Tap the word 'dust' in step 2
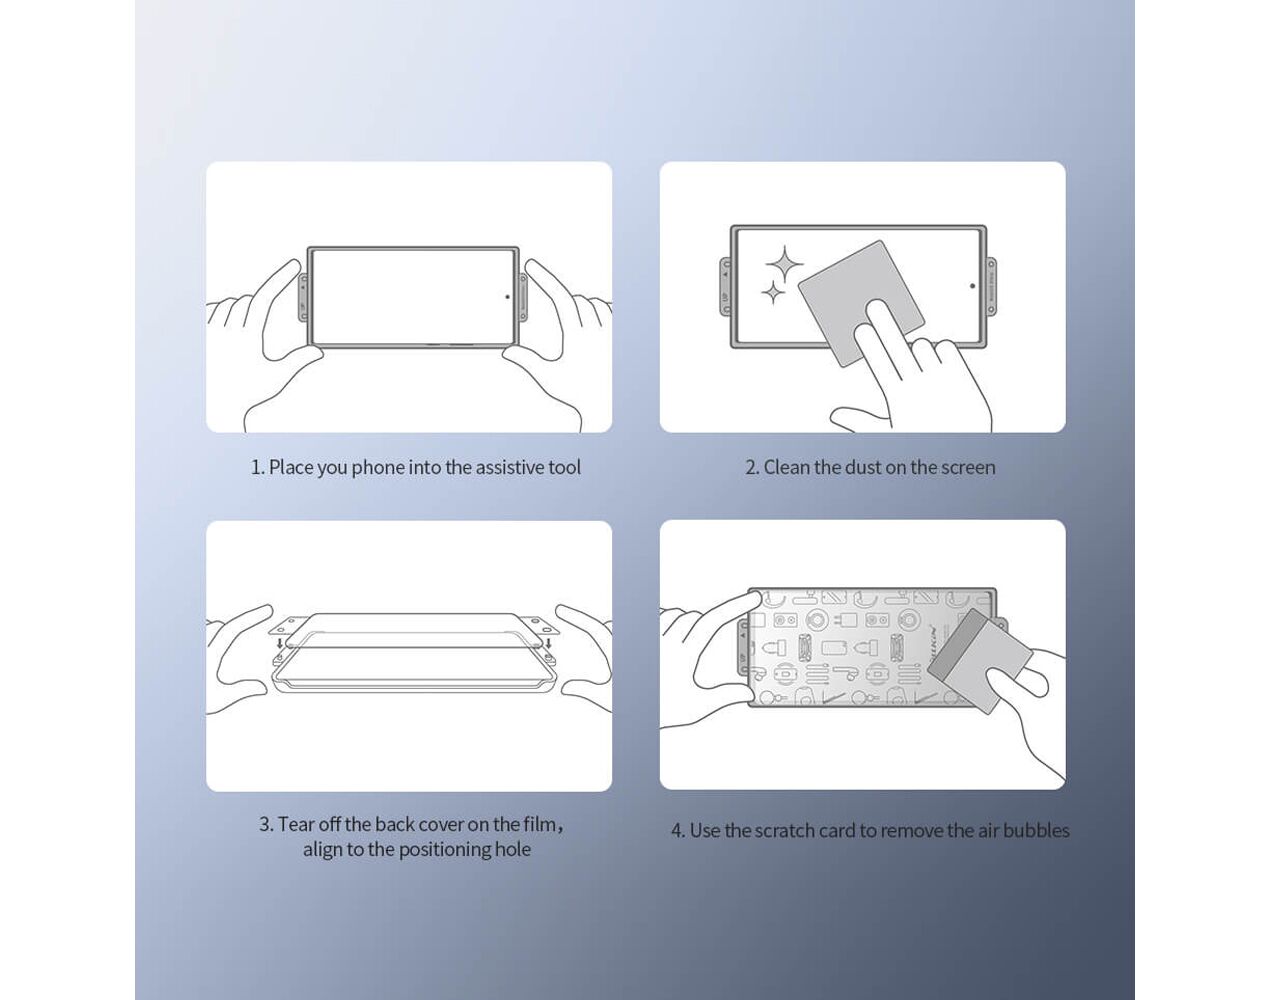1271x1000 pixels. [863, 467]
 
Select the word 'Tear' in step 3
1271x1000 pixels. [294, 824]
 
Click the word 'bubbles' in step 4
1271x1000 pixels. [1037, 830]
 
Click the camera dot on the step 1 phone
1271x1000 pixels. [507, 297]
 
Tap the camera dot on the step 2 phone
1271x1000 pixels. [972, 286]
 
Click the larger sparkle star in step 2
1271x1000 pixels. [784, 264]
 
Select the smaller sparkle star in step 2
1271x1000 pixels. [773, 292]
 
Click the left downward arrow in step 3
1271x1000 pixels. [278, 643]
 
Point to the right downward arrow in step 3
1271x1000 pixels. [549, 643]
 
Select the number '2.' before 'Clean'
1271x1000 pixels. [752, 468]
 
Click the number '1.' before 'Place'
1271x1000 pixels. [258, 468]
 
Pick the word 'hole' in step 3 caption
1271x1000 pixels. [515, 849]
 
